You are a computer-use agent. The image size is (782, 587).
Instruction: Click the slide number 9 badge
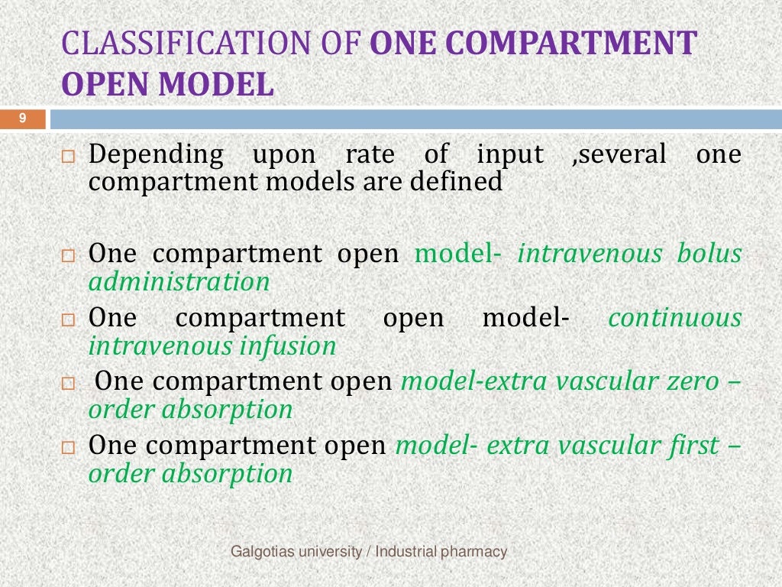(23, 118)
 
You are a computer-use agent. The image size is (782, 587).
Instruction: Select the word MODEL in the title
(217, 85)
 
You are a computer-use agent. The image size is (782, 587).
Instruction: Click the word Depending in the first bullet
(157, 155)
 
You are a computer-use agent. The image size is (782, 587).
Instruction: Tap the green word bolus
(709, 254)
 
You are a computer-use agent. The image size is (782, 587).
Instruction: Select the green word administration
(179, 282)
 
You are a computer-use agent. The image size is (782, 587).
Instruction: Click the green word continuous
(674, 318)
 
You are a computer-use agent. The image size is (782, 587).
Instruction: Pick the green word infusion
(288, 346)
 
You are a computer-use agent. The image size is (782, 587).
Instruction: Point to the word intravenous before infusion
(161, 346)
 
